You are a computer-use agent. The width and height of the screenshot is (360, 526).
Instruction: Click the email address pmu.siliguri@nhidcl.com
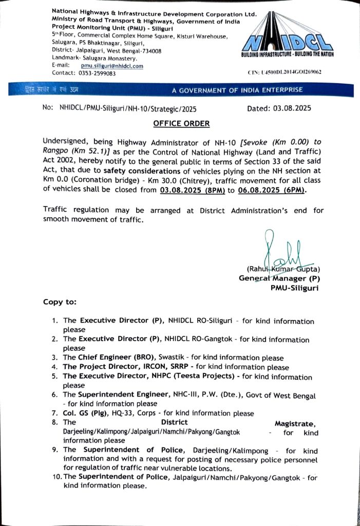pyautogui.click(x=111, y=66)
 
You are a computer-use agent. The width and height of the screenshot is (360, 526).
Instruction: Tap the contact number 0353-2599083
pyautogui.click(x=96, y=73)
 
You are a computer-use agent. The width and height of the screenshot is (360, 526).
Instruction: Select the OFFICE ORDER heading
pyautogui.click(x=181, y=124)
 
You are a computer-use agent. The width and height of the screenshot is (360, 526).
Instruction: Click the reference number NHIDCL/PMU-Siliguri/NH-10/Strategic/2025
pyautogui.click(x=128, y=109)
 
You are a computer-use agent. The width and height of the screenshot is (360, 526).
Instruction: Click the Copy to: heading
pyautogui.click(x=60, y=302)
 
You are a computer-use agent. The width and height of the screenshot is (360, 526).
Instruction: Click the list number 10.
pyautogui.click(x=56, y=477)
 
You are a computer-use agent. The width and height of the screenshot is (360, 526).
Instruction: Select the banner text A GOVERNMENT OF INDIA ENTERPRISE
pyautogui.click(x=237, y=90)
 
